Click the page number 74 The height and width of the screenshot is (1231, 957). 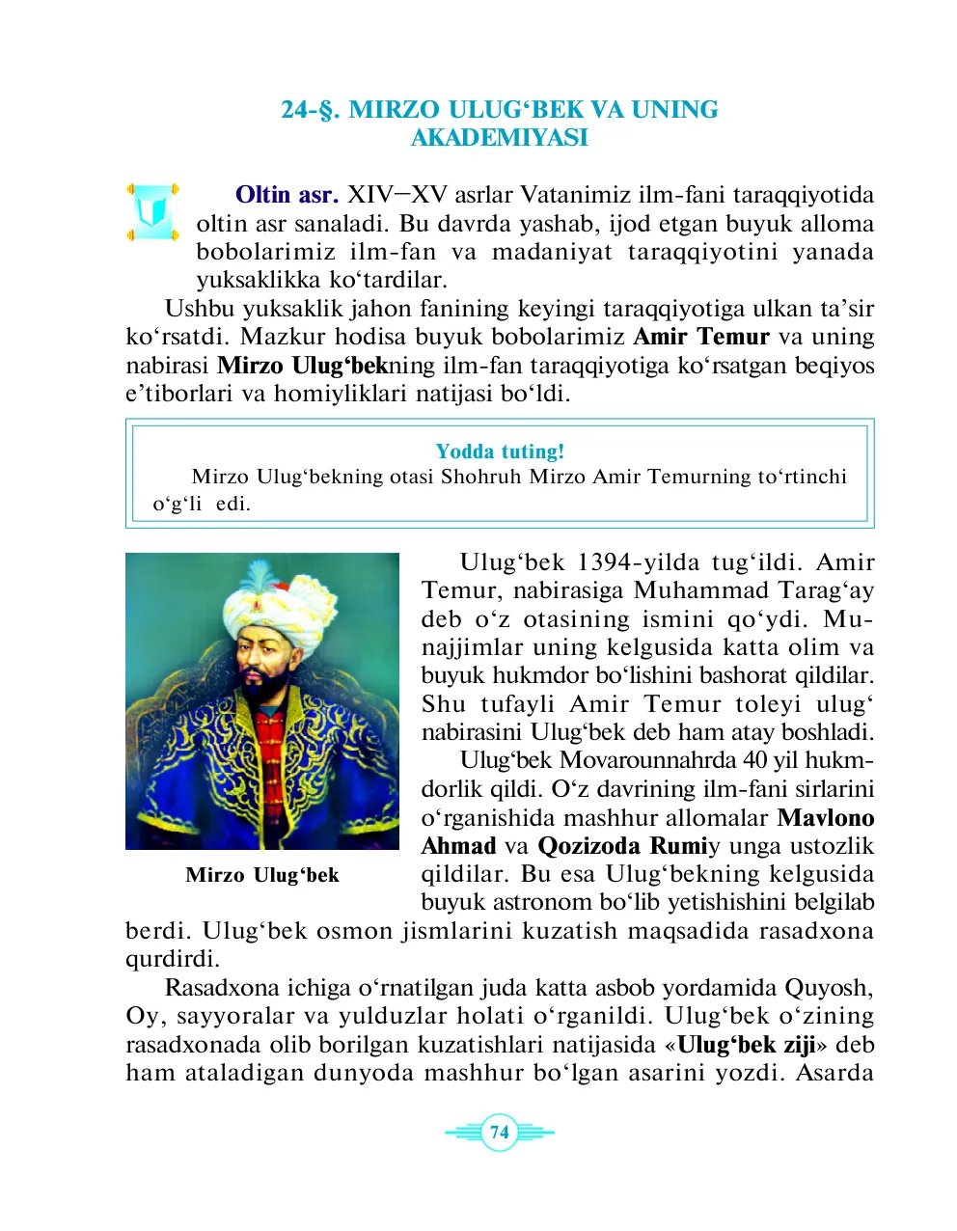click(x=499, y=1132)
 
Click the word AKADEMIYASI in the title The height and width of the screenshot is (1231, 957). click(x=499, y=138)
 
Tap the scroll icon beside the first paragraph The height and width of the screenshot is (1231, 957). click(x=151, y=211)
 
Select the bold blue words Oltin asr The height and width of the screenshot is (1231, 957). click(x=287, y=195)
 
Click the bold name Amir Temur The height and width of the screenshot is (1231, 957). click(x=700, y=337)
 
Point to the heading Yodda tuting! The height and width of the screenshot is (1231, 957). click(x=500, y=451)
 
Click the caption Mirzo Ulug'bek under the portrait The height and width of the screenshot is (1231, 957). click(x=262, y=875)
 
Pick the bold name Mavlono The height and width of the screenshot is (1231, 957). click(x=826, y=818)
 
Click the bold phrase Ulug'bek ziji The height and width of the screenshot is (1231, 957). click(x=746, y=1045)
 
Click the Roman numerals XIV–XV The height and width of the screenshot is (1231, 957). click(x=397, y=195)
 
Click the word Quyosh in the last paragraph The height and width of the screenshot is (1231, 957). click(x=828, y=988)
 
